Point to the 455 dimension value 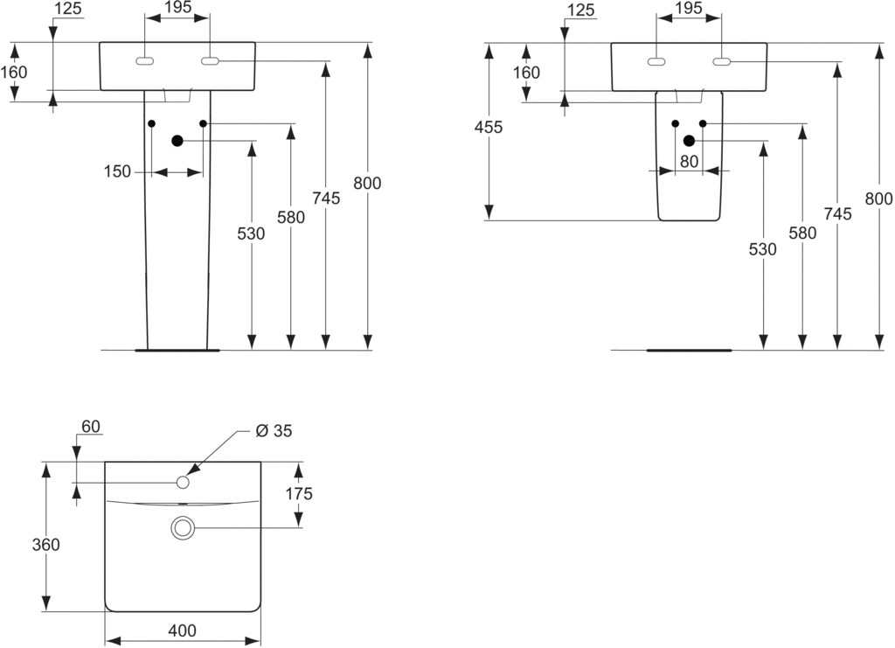(489, 128)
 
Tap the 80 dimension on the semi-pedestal (689, 162)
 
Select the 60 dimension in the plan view (90, 427)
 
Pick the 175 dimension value (298, 494)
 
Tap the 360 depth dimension (45, 545)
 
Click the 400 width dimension (183, 631)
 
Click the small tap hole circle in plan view (184, 482)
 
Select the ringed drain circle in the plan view (184, 527)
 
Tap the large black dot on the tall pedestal (177, 141)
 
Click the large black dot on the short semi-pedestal (689, 141)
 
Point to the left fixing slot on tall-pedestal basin (145, 61)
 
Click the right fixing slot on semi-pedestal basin (721, 61)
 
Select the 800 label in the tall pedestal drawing (367, 184)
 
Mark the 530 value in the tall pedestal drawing (252, 233)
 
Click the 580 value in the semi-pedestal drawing (801, 233)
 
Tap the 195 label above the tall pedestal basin (177, 8)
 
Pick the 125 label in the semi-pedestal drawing (579, 10)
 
